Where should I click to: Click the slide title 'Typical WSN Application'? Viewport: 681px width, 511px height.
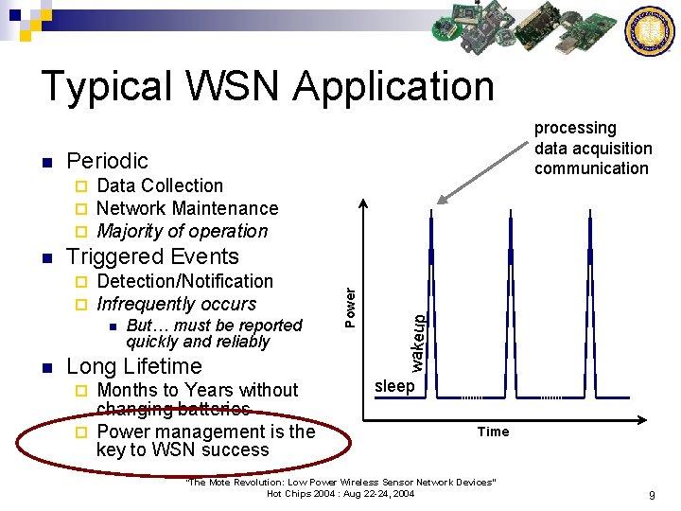267,86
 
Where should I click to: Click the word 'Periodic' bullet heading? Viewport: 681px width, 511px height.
108,161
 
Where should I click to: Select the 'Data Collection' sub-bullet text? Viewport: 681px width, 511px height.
160,185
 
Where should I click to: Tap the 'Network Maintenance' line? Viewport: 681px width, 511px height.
187,208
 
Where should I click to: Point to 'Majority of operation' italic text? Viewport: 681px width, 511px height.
183,231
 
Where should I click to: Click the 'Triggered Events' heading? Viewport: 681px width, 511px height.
152,256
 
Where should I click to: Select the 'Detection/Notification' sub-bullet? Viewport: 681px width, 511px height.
184,281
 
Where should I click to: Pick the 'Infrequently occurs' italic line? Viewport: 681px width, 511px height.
177,304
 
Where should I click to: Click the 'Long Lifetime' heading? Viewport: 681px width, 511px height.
134,366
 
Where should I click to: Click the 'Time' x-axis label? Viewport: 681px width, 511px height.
493,432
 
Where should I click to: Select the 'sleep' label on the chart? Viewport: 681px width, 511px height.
394,386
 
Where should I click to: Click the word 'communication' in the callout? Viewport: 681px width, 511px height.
591,168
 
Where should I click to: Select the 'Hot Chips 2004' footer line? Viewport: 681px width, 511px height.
340,494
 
